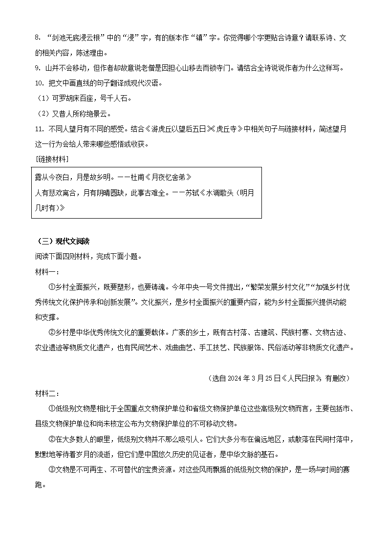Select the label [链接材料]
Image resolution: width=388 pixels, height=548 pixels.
[x=52, y=160]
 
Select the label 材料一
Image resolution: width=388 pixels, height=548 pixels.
[x=47, y=272]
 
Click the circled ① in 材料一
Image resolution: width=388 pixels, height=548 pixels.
[x=52, y=287]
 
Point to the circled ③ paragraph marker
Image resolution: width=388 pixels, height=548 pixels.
[x=52, y=470]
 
